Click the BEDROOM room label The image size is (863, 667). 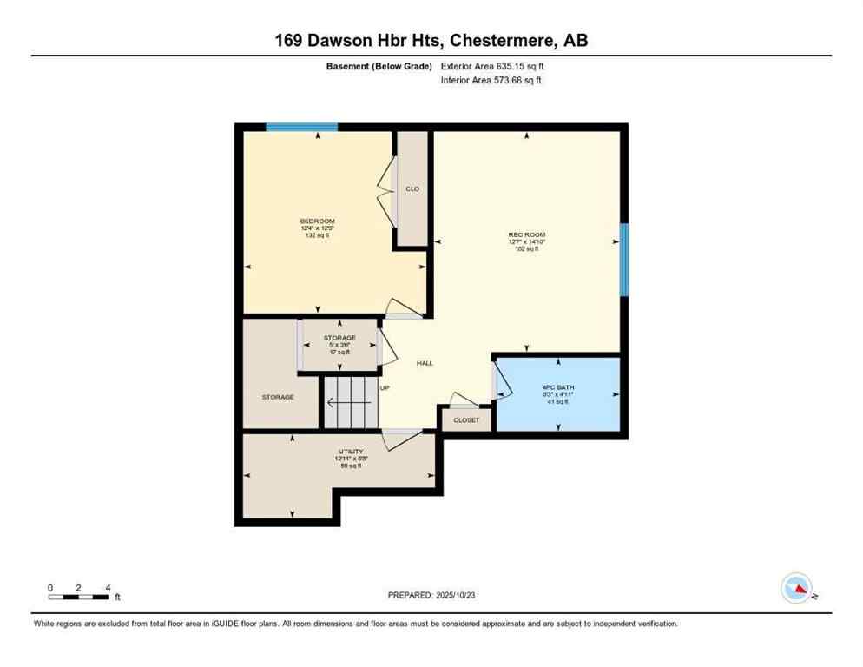point(317,221)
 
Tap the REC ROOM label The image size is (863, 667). point(526,234)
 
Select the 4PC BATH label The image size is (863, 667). point(558,387)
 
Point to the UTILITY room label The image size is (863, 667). point(350,452)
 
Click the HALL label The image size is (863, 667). point(425,363)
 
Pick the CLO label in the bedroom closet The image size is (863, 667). point(412,188)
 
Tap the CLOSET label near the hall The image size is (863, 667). point(466,420)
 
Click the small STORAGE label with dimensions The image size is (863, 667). point(339,338)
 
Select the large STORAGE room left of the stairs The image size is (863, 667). point(278,397)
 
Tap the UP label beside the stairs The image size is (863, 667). point(385,388)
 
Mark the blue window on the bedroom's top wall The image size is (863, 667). point(301,127)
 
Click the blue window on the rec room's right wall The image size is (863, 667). point(623,260)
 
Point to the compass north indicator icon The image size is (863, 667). point(797,588)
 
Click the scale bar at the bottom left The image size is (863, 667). point(80,596)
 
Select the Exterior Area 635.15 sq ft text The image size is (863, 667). point(492,66)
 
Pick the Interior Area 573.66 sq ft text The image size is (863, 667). point(491,81)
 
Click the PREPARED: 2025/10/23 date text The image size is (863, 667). point(431,595)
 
